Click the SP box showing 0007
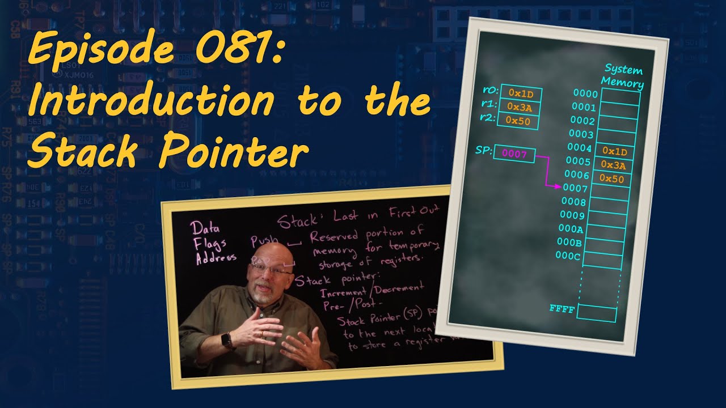tap(514, 154)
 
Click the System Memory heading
tap(623, 76)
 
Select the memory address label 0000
tap(585, 94)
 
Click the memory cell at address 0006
tap(611, 179)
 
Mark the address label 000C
tap(569, 255)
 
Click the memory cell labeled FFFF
tap(597, 313)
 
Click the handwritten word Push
tap(265, 241)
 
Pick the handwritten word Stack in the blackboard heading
tap(295, 220)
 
